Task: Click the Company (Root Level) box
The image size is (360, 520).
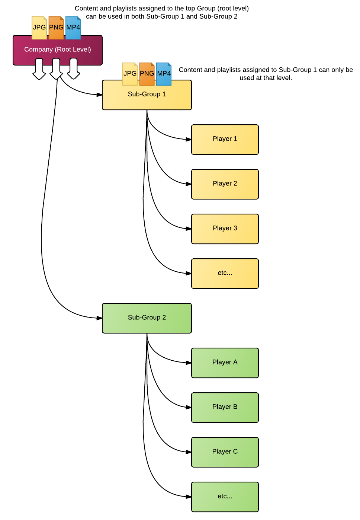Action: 58,50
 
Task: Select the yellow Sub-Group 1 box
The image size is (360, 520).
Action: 147,95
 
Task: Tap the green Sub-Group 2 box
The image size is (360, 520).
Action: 147,318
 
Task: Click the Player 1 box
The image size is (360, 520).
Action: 225,140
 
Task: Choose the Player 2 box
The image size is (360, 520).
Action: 225,184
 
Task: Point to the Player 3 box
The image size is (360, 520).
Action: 225,229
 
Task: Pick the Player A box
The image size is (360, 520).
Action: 225,363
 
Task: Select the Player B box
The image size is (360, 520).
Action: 225,408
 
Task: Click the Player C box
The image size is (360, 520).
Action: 225,452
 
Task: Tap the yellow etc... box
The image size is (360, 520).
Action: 225,274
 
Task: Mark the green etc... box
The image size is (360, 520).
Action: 225,497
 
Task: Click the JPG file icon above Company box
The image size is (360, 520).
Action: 39,28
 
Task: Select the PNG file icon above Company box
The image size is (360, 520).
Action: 56,28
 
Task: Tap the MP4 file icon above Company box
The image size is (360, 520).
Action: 73,28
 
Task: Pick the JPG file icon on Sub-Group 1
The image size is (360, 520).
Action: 130,74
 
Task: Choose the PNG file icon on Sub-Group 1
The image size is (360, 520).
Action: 147,74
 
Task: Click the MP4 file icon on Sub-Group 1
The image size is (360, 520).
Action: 164,74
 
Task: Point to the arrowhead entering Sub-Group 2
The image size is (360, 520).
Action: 99,318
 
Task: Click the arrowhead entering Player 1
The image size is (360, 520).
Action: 189,140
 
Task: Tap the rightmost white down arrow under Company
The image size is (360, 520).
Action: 73,69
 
